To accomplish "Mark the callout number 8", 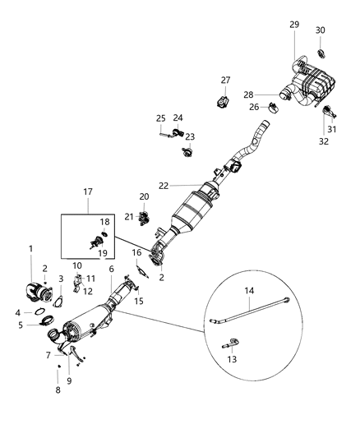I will [x=57, y=389].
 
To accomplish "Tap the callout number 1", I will [x=31, y=248].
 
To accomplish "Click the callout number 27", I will [x=226, y=80].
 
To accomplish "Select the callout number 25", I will [x=161, y=118].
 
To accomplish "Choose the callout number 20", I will [x=144, y=196].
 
